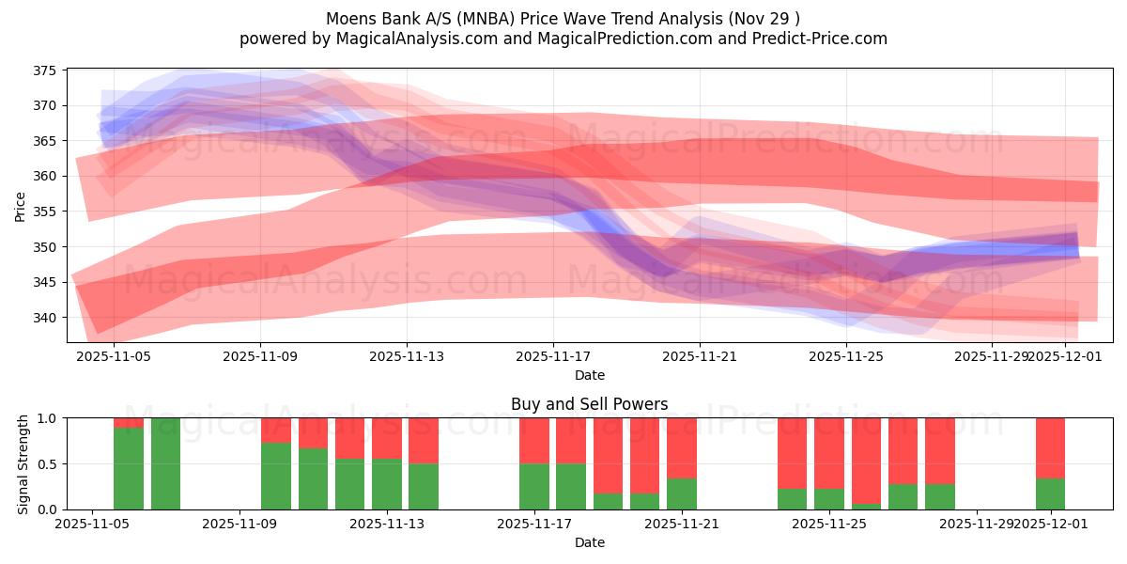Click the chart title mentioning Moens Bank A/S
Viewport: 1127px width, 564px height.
[x=563, y=19]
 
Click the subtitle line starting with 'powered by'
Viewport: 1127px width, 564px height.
[x=563, y=39]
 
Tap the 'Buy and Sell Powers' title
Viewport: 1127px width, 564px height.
[x=589, y=404]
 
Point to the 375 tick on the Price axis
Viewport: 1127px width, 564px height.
[x=45, y=70]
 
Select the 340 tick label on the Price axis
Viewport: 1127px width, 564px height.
[x=45, y=318]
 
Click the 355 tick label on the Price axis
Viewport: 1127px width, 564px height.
[x=45, y=211]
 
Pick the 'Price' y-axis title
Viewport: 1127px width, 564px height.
[x=21, y=205]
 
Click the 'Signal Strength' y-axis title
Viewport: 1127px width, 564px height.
[x=23, y=463]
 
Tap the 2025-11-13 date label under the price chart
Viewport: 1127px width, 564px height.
[x=407, y=356]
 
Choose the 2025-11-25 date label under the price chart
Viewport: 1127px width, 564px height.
[x=846, y=356]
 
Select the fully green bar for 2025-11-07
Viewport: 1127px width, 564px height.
[x=165, y=463]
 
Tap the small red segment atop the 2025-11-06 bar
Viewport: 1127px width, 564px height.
[x=129, y=423]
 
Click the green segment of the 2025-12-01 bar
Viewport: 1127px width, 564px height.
[x=1050, y=493]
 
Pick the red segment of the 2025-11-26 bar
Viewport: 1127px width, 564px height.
[x=866, y=461]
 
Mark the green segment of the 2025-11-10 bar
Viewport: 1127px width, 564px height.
[x=276, y=476]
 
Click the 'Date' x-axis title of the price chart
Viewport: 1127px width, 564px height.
[x=589, y=375]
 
